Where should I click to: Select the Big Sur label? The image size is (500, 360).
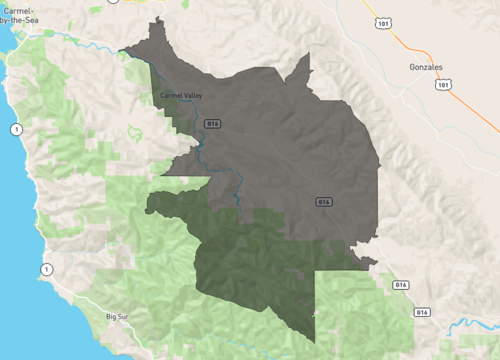coord(119,317)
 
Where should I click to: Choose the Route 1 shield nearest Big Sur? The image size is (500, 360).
coord(46,270)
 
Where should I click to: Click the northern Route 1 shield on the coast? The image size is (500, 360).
coord(16,130)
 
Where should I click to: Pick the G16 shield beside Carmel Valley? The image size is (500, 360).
coord(211,122)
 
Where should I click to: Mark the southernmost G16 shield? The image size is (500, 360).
coord(422,313)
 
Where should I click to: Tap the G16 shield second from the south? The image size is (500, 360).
coord(401,285)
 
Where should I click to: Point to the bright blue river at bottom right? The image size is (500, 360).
coord(470,326)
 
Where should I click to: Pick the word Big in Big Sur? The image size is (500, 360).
coord(111,317)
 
